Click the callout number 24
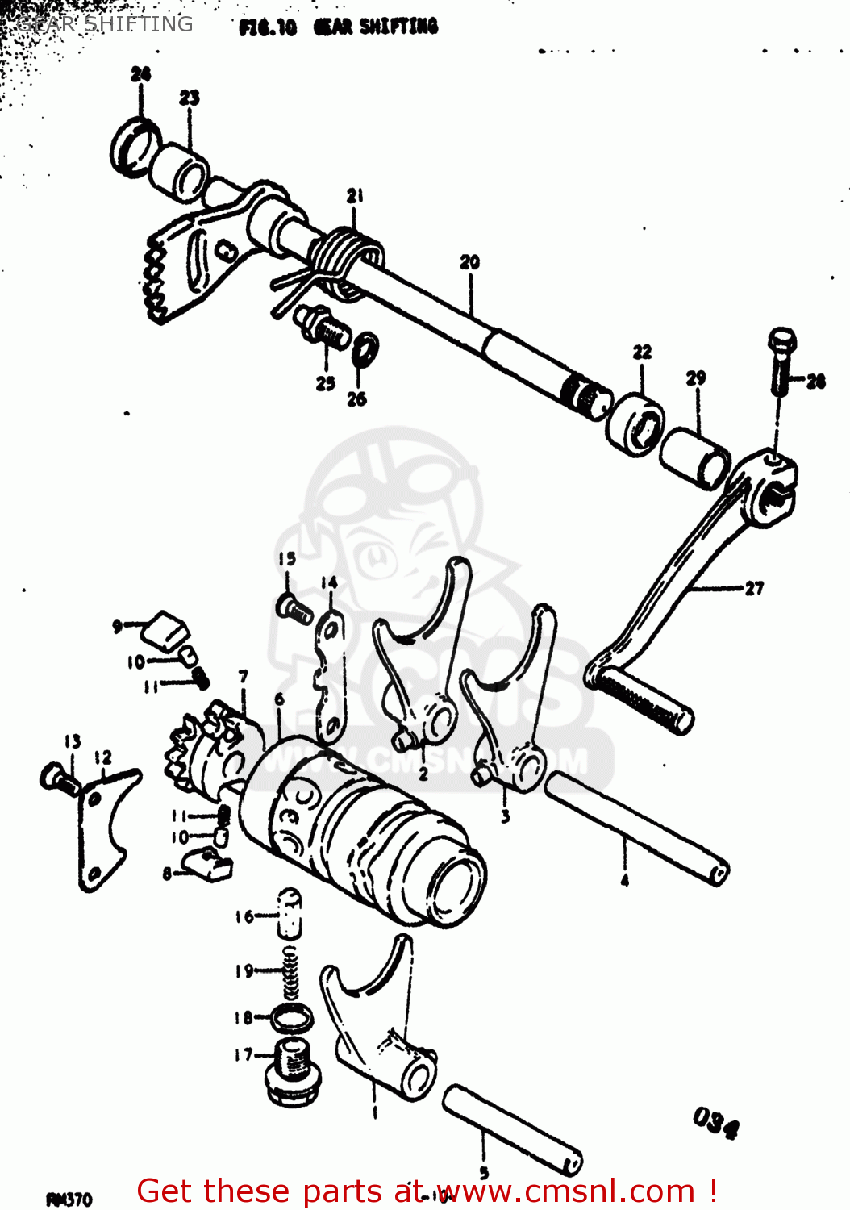point(140,74)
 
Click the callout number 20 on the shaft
point(469,262)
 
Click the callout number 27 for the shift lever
point(754,588)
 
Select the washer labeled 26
point(365,347)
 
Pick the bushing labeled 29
point(695,459)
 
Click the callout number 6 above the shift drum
point(279,699)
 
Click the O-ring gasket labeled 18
point(291,1018)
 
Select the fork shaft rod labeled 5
point(511,1129)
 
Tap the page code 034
point(715,1121)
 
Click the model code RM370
point(69,1200)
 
